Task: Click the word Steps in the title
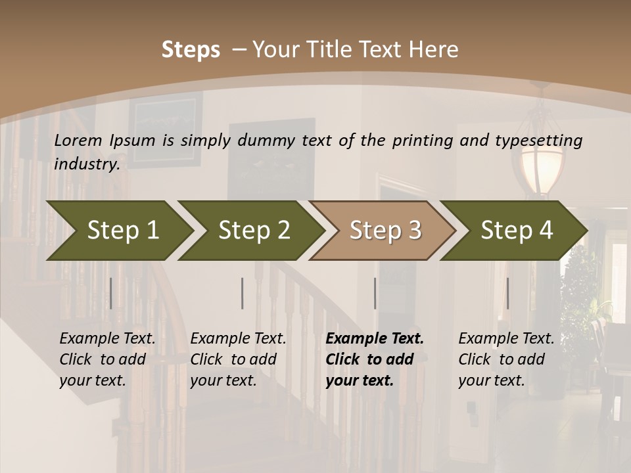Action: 191,50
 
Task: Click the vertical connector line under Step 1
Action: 111,293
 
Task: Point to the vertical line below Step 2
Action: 243,293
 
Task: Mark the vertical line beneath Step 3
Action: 375,293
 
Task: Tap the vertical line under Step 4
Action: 507,293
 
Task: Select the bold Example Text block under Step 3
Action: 375,359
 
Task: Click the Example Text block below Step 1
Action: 107,359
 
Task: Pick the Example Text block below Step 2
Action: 238,359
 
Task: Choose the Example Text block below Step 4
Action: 506,359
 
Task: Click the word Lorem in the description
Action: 78,141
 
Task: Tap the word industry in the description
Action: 87,164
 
